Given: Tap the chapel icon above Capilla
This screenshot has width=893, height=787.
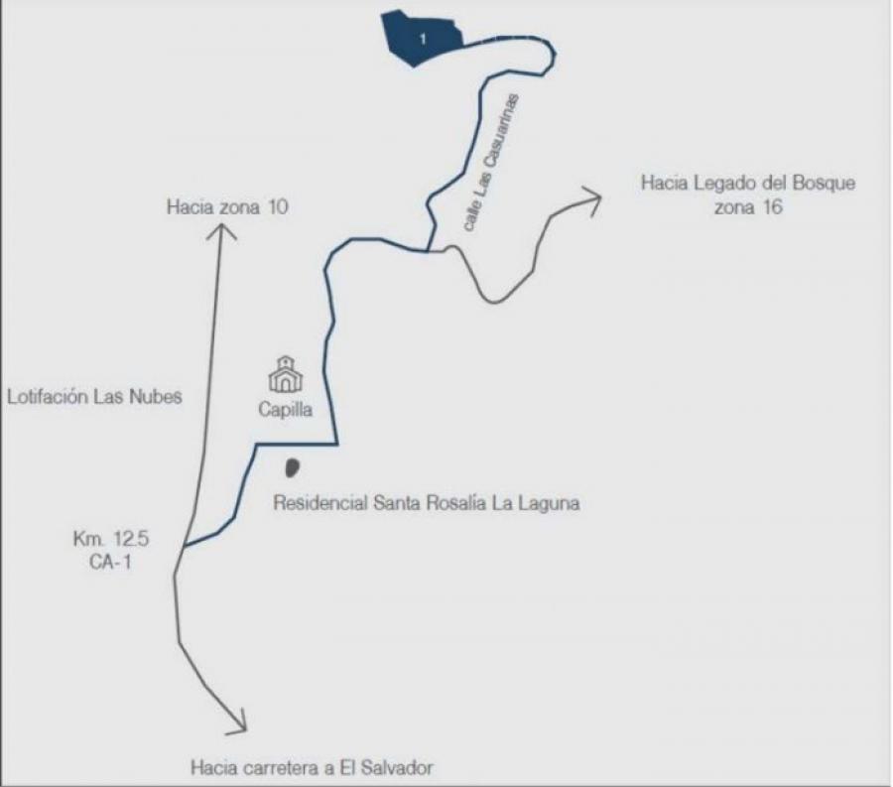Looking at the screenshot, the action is tap(286, 374).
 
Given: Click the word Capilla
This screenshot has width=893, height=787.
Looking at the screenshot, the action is tap(286, 410).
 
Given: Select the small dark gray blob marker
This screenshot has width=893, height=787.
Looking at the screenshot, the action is tap(292, 468).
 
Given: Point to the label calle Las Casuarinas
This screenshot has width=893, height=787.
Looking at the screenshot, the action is tap(491, 163).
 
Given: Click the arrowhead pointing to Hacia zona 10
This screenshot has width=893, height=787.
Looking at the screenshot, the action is tap(221, 231).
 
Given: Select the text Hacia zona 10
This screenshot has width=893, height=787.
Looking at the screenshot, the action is tap(227, 206).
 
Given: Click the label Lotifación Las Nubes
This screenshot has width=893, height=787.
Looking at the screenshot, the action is tap(94, 396).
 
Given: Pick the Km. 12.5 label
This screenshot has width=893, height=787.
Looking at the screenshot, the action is tap(111, 538).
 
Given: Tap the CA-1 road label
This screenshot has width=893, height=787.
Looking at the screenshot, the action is tap(110, 562).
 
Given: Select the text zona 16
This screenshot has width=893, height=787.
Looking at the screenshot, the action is tap(748, 206).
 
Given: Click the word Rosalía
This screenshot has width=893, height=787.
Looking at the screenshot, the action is tap(453, 503).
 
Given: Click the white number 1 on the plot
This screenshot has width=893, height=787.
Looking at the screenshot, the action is tap(423, 39).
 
